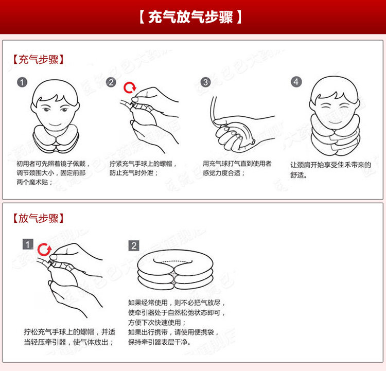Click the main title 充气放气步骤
pos(190,17)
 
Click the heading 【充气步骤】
pos(38,60)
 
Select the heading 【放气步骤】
pos(38,218)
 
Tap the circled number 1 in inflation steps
pos(22,82)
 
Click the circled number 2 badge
pos(111,82)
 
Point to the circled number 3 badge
pos(205,82)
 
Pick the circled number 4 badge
pos(296,82)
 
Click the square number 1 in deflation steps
pos(28,244)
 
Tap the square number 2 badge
pos(134,245)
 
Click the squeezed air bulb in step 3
pos(240,135)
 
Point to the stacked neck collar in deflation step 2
pos(175,271)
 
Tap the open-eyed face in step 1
pos(55,106)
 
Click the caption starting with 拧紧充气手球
pos(143,168)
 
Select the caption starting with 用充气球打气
pos(237,168)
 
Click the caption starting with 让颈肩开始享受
pos(330,170)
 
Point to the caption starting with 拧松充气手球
pos(69,337)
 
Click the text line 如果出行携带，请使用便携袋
pos(173,332)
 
